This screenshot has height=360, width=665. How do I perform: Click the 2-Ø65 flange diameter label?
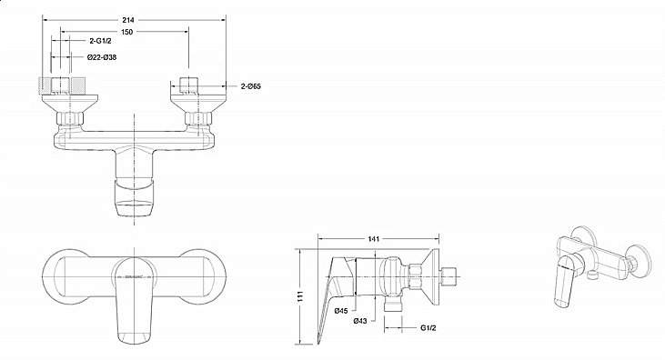point(254,85)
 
